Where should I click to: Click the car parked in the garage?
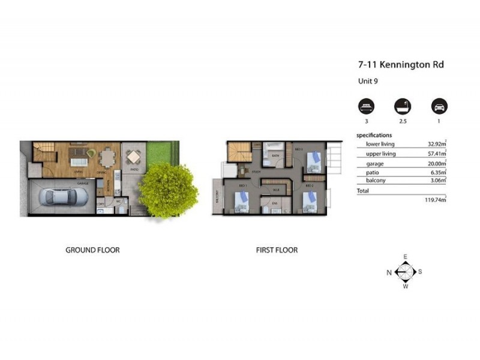[62, 197]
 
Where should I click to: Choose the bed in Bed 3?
[313, 161]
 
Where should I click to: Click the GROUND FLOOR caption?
[92, 250]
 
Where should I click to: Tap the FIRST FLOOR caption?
[277, 250]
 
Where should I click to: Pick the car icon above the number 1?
[439, 106]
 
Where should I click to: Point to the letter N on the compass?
[389, 272]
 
